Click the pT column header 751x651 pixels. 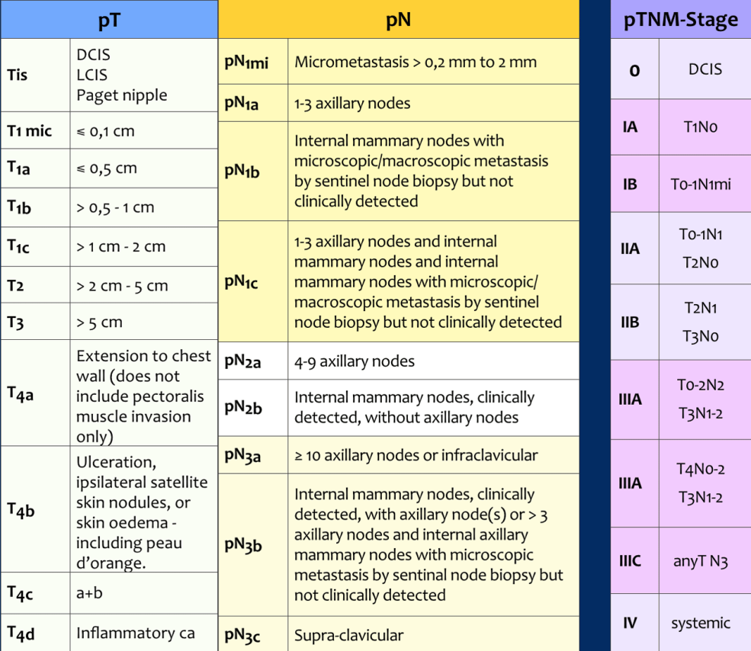(x=109, y=20)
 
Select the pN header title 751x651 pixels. (x=398, y=20)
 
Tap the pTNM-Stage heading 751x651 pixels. (x=680, y=20)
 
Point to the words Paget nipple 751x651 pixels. (x=121, y=95)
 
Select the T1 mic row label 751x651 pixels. (x=29, y=131)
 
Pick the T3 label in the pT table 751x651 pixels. (x=15, y=323)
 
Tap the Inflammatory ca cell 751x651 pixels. (x=135, y=633)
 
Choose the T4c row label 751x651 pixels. (x=20, y=593)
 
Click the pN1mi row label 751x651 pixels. (x=246, y=63)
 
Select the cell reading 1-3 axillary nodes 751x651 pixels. (x=352, y=103)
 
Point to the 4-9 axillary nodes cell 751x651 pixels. (x=355, y=361)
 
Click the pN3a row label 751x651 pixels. (x=242, y=456)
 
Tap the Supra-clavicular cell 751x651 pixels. (x=349, y=635)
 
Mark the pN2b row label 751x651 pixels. (x=243, y=408)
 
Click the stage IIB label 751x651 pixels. (x=630, y=322)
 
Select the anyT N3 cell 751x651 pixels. (x=700, y=562)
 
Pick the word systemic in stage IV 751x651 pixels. (x=700, y=623)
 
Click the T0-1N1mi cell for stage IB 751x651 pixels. (x=701, y=184)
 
